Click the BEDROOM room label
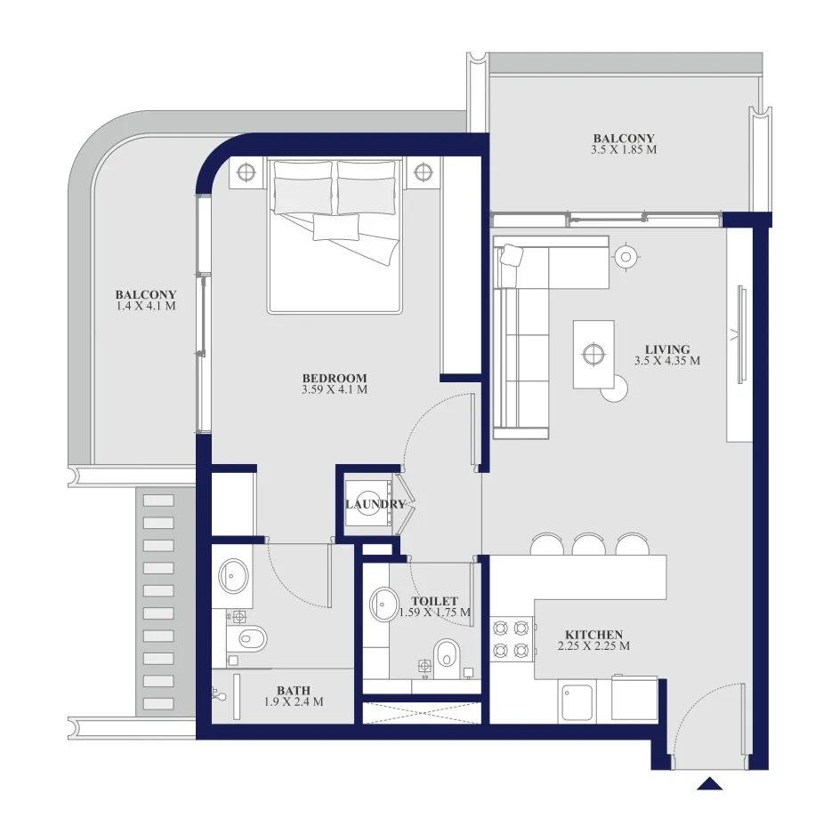click(x=335, y=378)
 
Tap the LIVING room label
click(x=667, y=349)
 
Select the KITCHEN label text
click(x=594, y=635)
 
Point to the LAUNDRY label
click(x=375, y=504)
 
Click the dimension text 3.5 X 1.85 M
click(x=624, y=149)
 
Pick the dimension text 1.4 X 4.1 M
click(x=146, y=306)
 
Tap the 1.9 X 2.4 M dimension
click(x=294, y=701)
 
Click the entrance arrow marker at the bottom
click(x=709, y=784)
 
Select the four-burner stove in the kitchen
click(x=511, y=639)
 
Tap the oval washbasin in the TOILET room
click(x=384, y=604)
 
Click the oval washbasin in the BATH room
click(x=233, y=574)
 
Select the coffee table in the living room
click(x=593, y=354)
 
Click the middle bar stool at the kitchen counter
click(x=589, y=545)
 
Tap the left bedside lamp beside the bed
click(x=246, y=172)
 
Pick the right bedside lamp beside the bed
click(x=423, y=172)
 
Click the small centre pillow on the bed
click(x=336, y=228)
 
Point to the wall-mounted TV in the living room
click(x=741, y=334)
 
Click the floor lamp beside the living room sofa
click(x=625, y=257)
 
